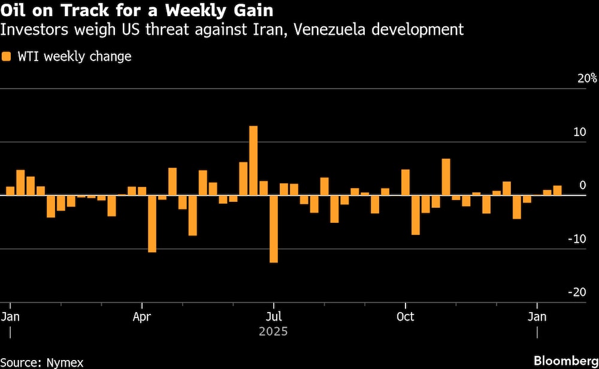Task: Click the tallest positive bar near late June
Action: coord(253,161)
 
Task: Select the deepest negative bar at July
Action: coord(274,229)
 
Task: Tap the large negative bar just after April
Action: coord(152,223)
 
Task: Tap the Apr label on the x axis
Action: coord(142,316)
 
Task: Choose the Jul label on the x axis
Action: coord(274,316)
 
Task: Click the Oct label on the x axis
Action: coord(406,316)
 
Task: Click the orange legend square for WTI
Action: coord(7,57)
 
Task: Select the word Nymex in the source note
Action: coord(64,362)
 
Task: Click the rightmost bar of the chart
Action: coord(558,190)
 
